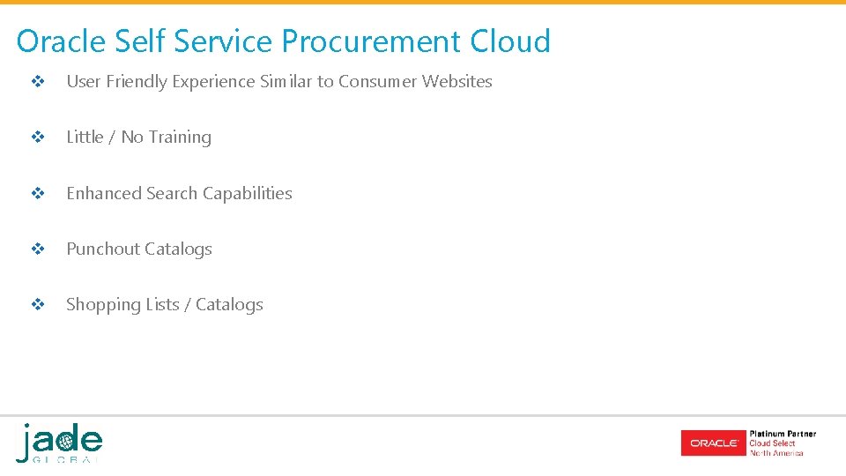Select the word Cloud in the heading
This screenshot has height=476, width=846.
point(510,41)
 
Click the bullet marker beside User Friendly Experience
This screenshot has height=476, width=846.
point(38,82)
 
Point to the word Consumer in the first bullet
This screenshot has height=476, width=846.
point(377,81)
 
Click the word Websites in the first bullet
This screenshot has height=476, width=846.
point(456,81)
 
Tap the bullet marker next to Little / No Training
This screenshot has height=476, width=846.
point(38,138)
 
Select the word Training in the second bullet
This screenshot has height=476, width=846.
point(180,137)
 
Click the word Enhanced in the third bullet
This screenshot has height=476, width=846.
point(105,193)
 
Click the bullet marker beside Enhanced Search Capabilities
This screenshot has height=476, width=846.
point(38,194)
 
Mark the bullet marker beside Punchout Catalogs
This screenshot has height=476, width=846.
point(38,249)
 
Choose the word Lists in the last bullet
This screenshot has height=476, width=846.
point(162,304)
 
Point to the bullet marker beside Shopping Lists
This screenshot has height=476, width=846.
point(38,305)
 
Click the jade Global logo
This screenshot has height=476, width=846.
point(59,443)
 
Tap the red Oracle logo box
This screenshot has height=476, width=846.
point(713,443)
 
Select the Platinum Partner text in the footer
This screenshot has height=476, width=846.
point(783,434)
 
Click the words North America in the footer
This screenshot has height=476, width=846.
point(776,453)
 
